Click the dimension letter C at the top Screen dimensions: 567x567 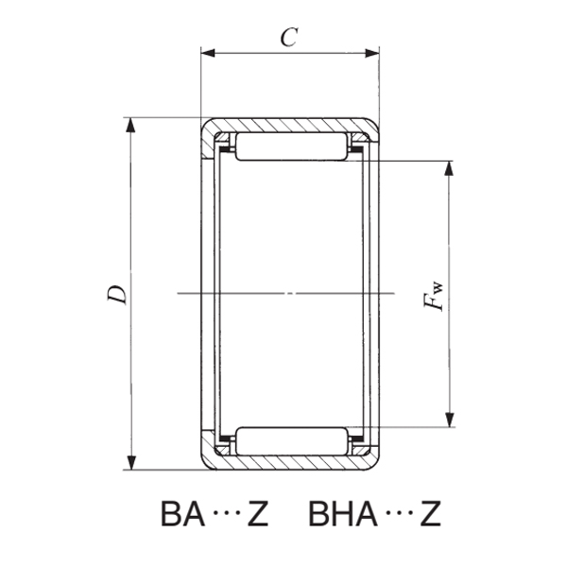point(289,38)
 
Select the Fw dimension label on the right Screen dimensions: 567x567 point(434,295)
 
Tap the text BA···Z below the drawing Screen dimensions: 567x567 point(215,515)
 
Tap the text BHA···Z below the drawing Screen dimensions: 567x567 point(374,515)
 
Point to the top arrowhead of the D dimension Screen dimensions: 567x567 point(130,124)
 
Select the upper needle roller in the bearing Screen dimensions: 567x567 point(289,147)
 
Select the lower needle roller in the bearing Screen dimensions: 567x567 point(289,441)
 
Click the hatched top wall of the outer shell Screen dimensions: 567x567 point(289,125)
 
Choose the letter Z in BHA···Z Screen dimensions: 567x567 point(429,515)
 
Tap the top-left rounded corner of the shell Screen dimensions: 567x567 point(205,125)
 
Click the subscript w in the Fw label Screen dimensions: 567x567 point(437,285)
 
